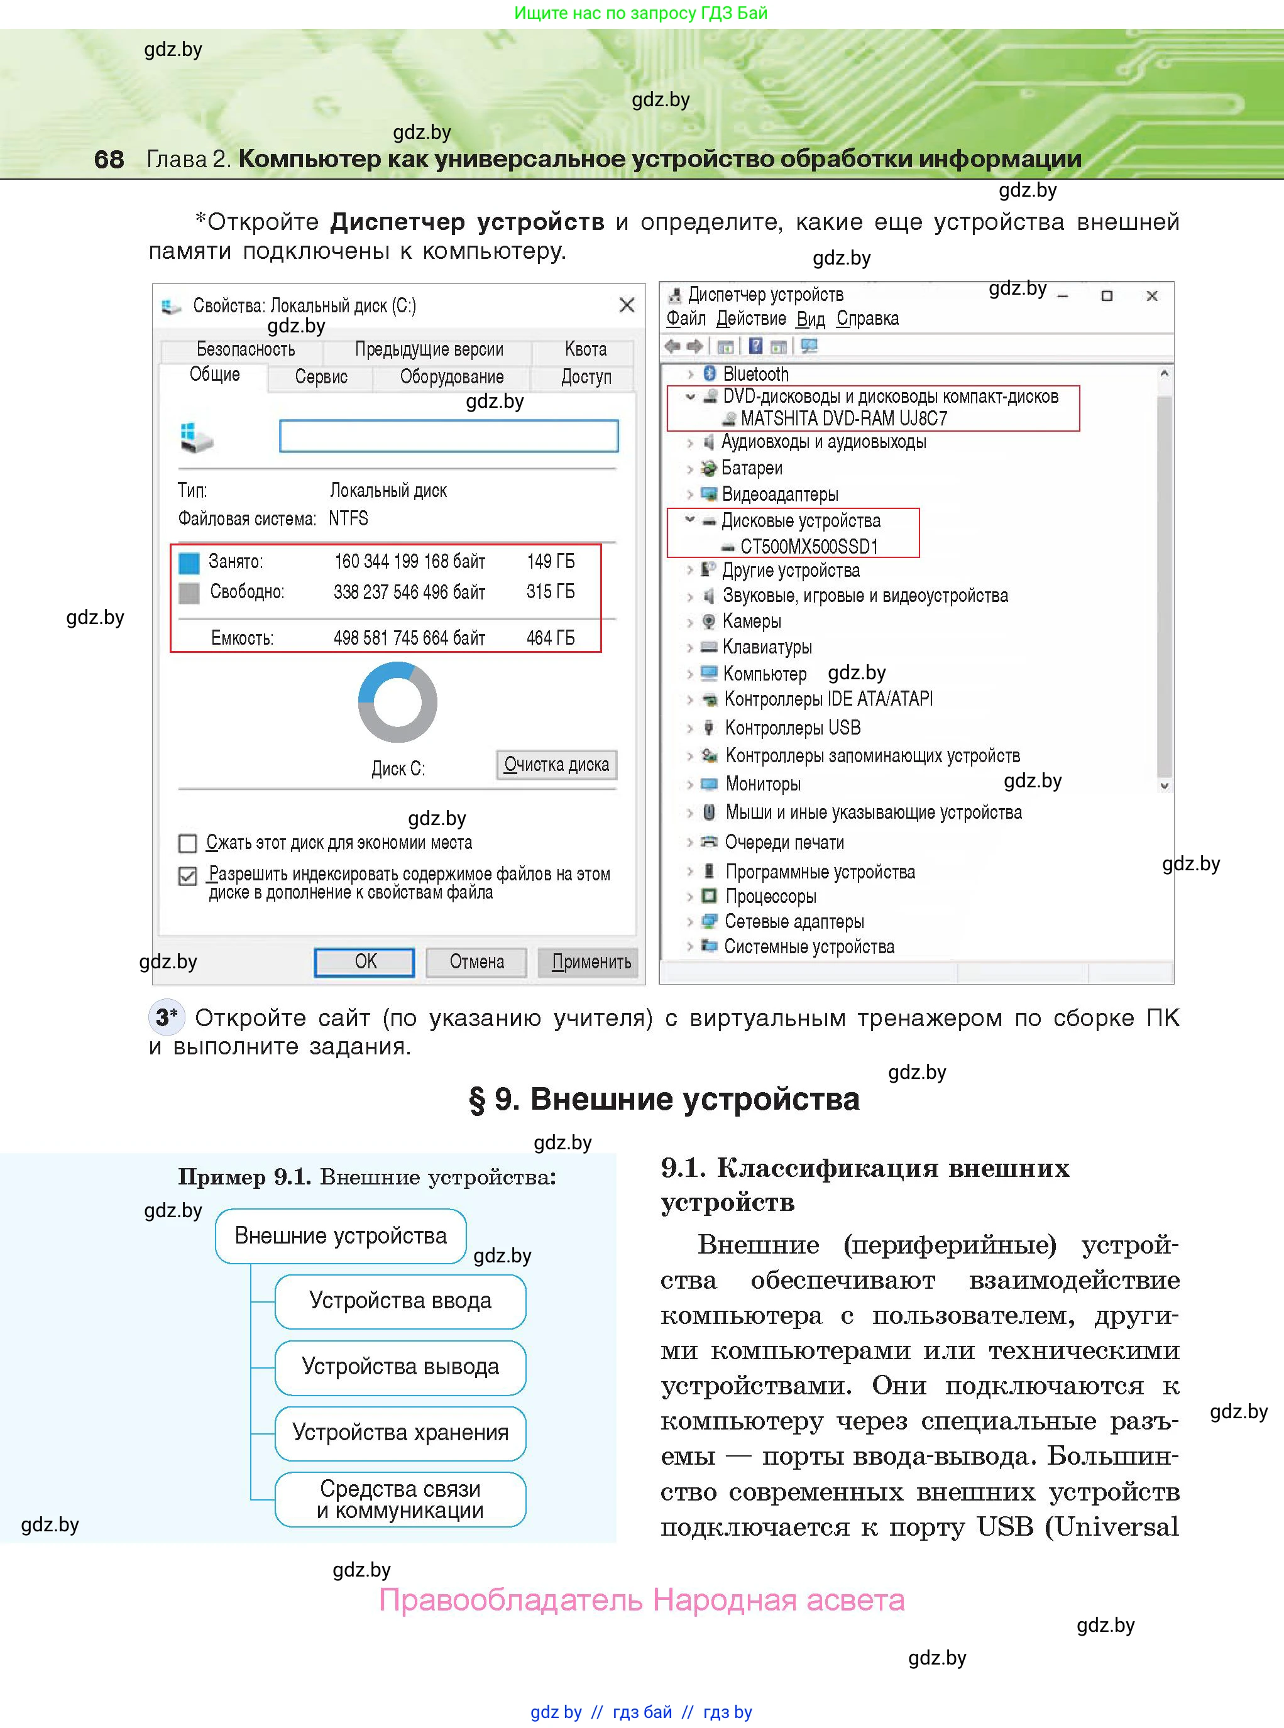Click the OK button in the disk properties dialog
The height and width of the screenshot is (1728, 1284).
(x=364, y=962)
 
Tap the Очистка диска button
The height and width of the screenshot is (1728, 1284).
(x=556, y=765)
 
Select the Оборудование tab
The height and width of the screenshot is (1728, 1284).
(x=452, y=377)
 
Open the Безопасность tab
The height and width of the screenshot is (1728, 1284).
(x=246, y=349)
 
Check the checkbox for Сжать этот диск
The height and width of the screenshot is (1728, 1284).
(x=187, y=843)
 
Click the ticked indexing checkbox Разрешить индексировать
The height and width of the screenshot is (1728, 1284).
(x=187, y=876)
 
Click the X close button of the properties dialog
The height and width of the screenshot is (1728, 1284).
(x=627, y=305)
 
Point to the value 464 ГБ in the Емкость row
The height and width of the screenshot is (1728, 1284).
(x=551, y=638)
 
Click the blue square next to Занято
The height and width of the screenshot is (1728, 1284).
(x=189, y=562)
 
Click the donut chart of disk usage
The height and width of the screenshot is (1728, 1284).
(x=397, y=702)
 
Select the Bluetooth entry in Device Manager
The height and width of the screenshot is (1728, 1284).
(x=755, y=374)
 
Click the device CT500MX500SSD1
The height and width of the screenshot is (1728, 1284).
(x=808, y=546)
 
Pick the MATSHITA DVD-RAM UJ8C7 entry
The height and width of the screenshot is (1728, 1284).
(x=843, y=418)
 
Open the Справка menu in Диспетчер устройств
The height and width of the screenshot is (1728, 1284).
(x=867, y=319)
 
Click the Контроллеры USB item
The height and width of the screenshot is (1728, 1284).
(x=792, y=728)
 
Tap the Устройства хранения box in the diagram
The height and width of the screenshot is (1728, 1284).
(x=400, y=1432)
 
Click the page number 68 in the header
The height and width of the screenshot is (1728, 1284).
(x=109, y=159)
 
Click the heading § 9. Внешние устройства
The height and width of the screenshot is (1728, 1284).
(x=664, y=1098)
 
